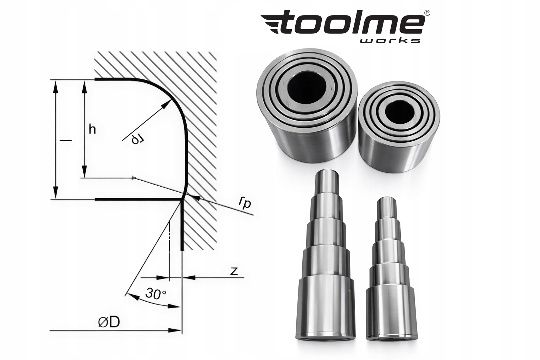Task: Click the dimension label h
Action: [x=92, y=129]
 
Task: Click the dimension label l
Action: [x=65, y=140]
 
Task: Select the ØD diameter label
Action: [x=109, y=322]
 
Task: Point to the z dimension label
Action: [x=234, y=271]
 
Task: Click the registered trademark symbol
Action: [x=427, y=13]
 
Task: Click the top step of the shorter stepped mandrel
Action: [x=386, y=207]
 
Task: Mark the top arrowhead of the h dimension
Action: [x=84, y=84]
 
